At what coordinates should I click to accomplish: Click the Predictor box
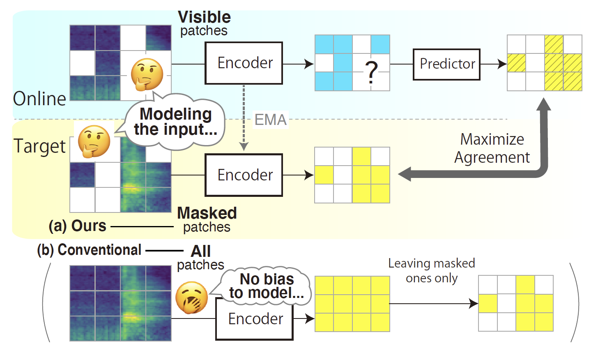coord(446,64)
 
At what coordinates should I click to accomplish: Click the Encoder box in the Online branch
coord(244,63)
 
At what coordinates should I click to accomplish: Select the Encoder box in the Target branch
coord(244,175)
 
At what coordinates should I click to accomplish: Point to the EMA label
coord(270,120)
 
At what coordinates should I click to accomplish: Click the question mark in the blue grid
coord(371,72)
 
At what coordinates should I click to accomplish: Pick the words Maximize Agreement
coord(492,148)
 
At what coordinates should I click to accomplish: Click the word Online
coord(39,99)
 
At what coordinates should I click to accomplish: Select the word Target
coord(39,146)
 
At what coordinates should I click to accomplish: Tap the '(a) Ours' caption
coord(78,226)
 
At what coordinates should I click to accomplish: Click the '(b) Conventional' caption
coord(89,250)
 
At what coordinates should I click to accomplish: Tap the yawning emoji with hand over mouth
coord(191,298)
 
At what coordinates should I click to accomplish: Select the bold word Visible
coord(204,17)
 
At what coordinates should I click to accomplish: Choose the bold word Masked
coord(207,213)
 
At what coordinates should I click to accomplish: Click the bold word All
coord(201,251)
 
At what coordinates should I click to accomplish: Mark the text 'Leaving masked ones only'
coord(432,271)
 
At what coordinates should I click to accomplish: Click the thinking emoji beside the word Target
coord(94,141)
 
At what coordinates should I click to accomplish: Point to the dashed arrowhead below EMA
coord(244,147)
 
